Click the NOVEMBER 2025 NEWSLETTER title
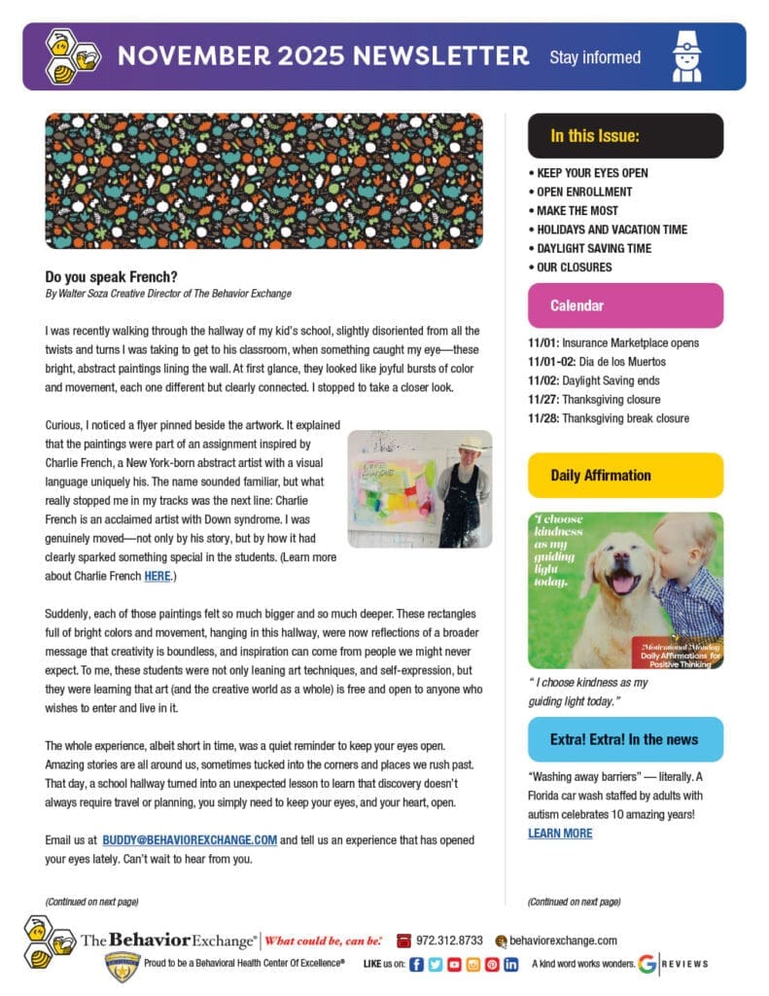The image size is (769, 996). pos(323,56)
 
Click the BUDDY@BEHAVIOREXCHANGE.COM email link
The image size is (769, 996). pos(191,839)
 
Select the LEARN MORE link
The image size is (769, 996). pos(560,833)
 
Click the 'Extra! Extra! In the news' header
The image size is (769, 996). pos(624,739)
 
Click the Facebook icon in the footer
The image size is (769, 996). pos(416,964)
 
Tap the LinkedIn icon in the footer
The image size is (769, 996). pos(510,964)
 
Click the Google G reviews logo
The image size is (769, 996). pos(647,964)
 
